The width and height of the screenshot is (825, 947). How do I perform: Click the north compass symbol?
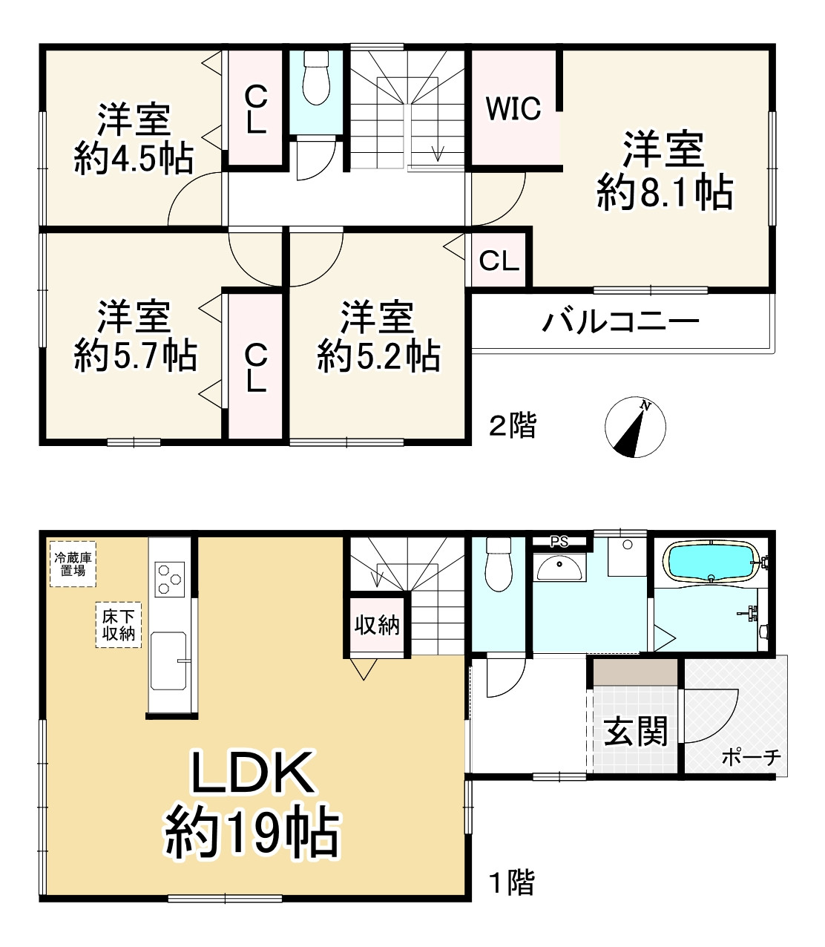(x=635, y=427)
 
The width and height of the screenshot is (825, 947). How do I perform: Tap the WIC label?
(x=513, y=109)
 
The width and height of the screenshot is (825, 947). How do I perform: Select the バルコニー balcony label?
(x=620, y=322)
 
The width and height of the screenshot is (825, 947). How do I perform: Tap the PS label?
(x=559, y=542)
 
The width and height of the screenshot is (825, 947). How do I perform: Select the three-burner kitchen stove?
(x=170, y=577)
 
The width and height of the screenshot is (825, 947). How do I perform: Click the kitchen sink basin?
(x=168, y=660)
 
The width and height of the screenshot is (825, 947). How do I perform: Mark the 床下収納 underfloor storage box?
(x=118, y=625)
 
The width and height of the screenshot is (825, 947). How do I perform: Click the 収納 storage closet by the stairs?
(x=377, y=626)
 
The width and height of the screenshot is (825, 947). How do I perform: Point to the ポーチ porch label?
(x=751, y=757)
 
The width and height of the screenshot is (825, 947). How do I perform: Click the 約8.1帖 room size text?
(x=665, y=192)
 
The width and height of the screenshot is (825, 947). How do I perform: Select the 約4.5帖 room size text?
(x=134, y=158)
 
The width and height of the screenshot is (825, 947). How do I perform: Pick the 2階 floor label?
(x=512, y=426)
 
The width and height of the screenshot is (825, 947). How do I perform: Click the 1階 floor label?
(x=511, y=883)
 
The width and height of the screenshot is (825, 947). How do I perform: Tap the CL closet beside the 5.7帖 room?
(x=255, y=367)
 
